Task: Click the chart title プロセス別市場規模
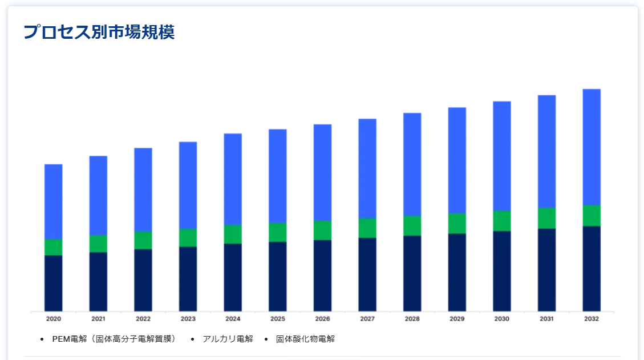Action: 99,32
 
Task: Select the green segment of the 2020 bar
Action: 54,247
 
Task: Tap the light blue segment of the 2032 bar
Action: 592,147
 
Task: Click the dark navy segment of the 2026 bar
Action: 322,275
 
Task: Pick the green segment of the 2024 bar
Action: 233,234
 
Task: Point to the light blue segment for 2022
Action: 143,189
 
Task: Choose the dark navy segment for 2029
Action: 457,272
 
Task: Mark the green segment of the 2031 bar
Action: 546,218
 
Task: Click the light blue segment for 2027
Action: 367,168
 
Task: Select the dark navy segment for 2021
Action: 98,281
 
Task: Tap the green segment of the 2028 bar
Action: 412,225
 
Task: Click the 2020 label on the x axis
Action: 54,319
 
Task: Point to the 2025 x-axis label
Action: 278,319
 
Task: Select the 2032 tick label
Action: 592,319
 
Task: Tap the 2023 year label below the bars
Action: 188,319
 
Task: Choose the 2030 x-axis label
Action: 502,319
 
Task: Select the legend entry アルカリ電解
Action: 228,339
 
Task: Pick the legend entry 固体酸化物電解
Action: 305,339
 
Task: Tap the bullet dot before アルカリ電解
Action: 192,339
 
